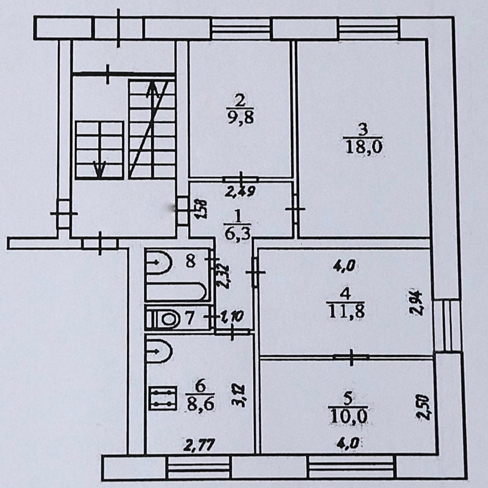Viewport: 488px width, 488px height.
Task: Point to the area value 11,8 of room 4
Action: [x=347, y=311]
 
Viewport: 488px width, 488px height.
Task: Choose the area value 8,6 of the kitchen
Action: [x=200, y=402]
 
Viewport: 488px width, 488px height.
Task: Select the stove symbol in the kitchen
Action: [x=163, y=398]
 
